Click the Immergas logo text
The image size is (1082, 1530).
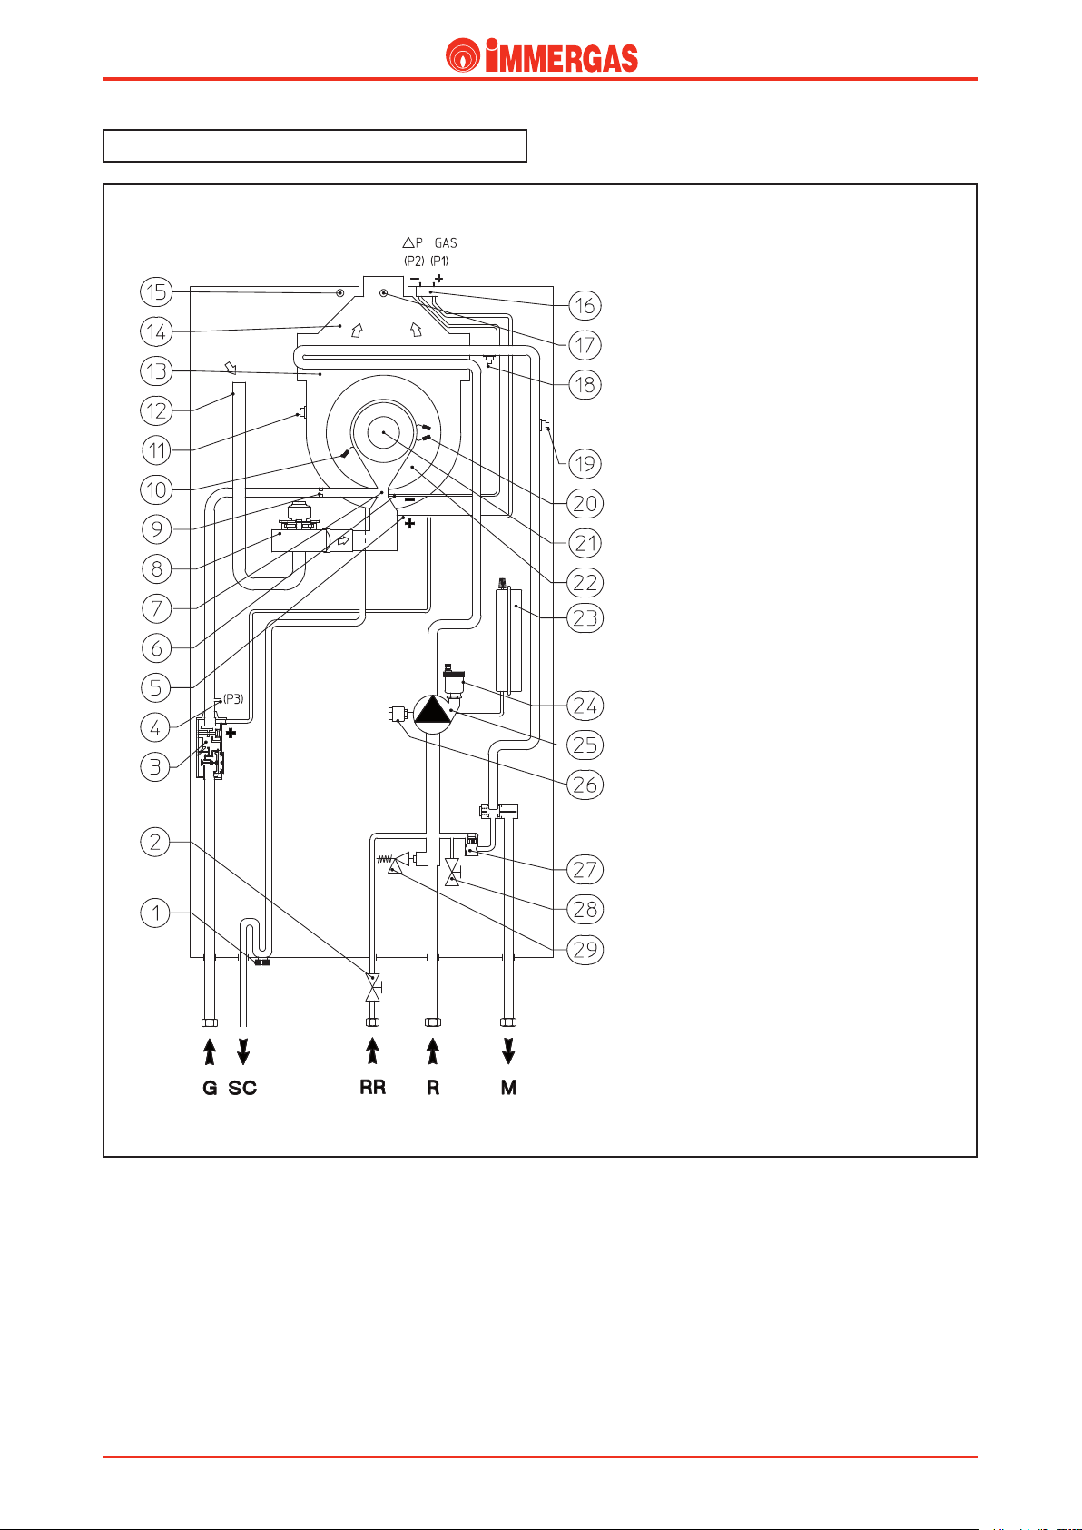562,56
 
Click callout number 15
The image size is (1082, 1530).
156,292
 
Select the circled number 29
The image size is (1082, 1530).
585,950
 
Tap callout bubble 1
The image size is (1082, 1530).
155,913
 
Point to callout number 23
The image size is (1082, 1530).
585,618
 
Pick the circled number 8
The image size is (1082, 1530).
156,569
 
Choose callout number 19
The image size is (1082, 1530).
585,465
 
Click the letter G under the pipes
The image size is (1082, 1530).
210,1088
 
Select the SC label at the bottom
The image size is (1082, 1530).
242,1088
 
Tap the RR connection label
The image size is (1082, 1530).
373,1088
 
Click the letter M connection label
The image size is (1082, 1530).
508,1088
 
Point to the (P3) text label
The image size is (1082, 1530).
233,699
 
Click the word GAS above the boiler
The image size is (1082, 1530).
446,243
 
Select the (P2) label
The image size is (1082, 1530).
414,261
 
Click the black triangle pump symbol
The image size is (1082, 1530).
433,710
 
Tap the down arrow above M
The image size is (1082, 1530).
508,1051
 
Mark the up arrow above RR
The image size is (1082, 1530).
373,1051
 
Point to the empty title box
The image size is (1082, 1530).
315,145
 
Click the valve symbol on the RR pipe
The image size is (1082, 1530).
373,988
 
